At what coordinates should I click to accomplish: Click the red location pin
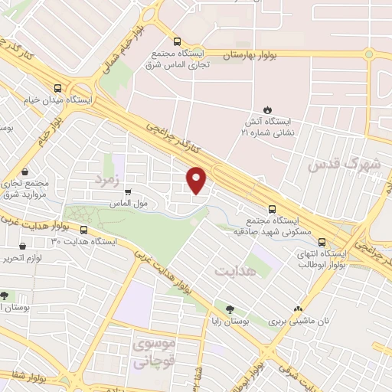[197, 180]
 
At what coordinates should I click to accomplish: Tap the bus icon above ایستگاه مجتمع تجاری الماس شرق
[178, 42]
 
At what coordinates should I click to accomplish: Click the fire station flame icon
[268, 109]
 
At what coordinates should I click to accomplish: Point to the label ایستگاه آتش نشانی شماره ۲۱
[269, 126]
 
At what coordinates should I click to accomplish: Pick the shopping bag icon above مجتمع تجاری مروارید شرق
[27, 171]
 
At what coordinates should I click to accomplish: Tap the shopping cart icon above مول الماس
[128, 192]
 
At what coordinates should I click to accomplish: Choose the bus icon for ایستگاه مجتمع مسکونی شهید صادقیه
[273, 208]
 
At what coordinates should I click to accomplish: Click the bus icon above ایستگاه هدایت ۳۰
[83, 230]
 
